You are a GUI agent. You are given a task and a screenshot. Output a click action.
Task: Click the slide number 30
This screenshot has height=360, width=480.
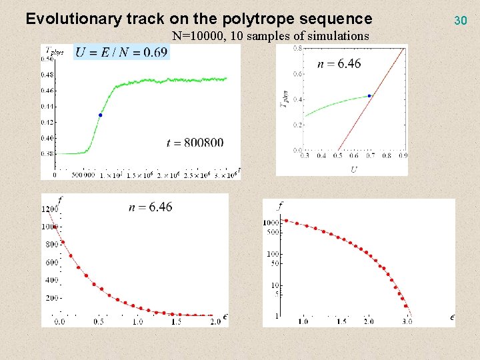[x=460, y=21]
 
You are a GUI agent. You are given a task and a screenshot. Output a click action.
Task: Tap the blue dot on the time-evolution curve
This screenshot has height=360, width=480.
[x=101, y=115]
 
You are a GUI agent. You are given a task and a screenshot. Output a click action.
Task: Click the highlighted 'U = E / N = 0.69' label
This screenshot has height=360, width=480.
[x=121, y=52]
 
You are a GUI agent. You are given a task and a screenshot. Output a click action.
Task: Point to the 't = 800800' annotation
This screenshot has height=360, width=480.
[x=195, y=142]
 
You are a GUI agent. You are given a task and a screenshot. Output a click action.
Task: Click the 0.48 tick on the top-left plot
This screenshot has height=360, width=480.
[x=49, y=75]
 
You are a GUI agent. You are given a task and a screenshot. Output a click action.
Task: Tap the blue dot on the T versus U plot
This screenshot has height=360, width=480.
[x=369, y=96]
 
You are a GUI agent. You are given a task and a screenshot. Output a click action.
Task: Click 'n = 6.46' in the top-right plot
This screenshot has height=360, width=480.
[x=340, y=64]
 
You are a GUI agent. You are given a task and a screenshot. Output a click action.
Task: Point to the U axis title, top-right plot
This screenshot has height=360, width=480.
[x=354, y=169]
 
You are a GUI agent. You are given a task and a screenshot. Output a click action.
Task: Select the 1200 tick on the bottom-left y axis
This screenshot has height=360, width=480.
[x=49, y=209]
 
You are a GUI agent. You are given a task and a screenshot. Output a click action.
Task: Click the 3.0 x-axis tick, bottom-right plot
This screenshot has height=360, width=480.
[x=407, y=321]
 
